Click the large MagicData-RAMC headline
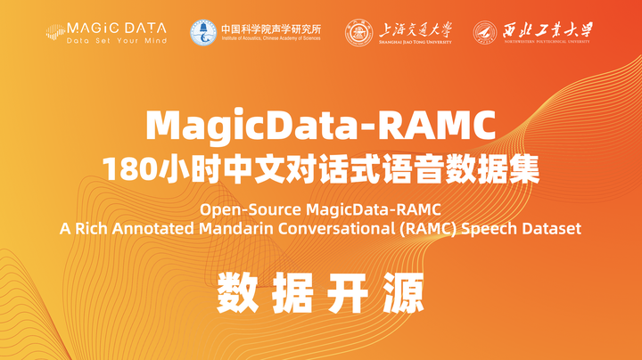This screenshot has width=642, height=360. pos(321,126)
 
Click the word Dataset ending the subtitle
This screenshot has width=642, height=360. pos(554,229)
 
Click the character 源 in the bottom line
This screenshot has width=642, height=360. pos(401,293)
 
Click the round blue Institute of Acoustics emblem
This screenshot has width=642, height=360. pos(202,32)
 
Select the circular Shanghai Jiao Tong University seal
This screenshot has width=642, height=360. pos(359,32)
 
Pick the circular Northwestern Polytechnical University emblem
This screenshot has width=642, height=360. pos(487,32)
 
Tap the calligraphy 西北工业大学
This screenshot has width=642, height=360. pos(549,29)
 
